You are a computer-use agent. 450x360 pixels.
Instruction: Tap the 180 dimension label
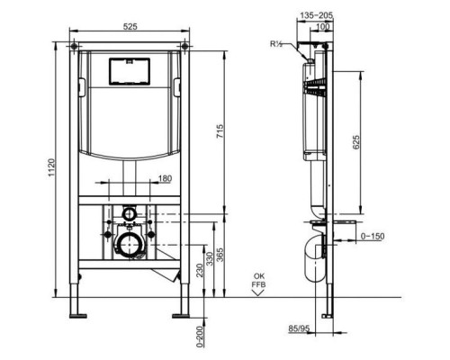coord(166,179)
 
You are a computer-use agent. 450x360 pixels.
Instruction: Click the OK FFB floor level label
coord(258,281)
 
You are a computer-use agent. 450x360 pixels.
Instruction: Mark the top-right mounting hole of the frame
coord(184,44)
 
